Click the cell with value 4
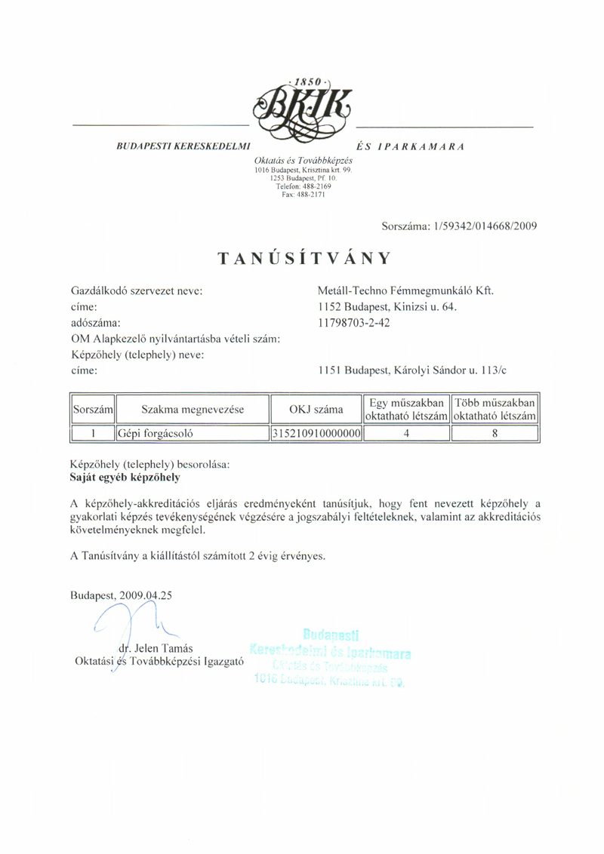tap(406, 434)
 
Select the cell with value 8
tap(494, 434)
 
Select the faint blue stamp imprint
tap(332, 658)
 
